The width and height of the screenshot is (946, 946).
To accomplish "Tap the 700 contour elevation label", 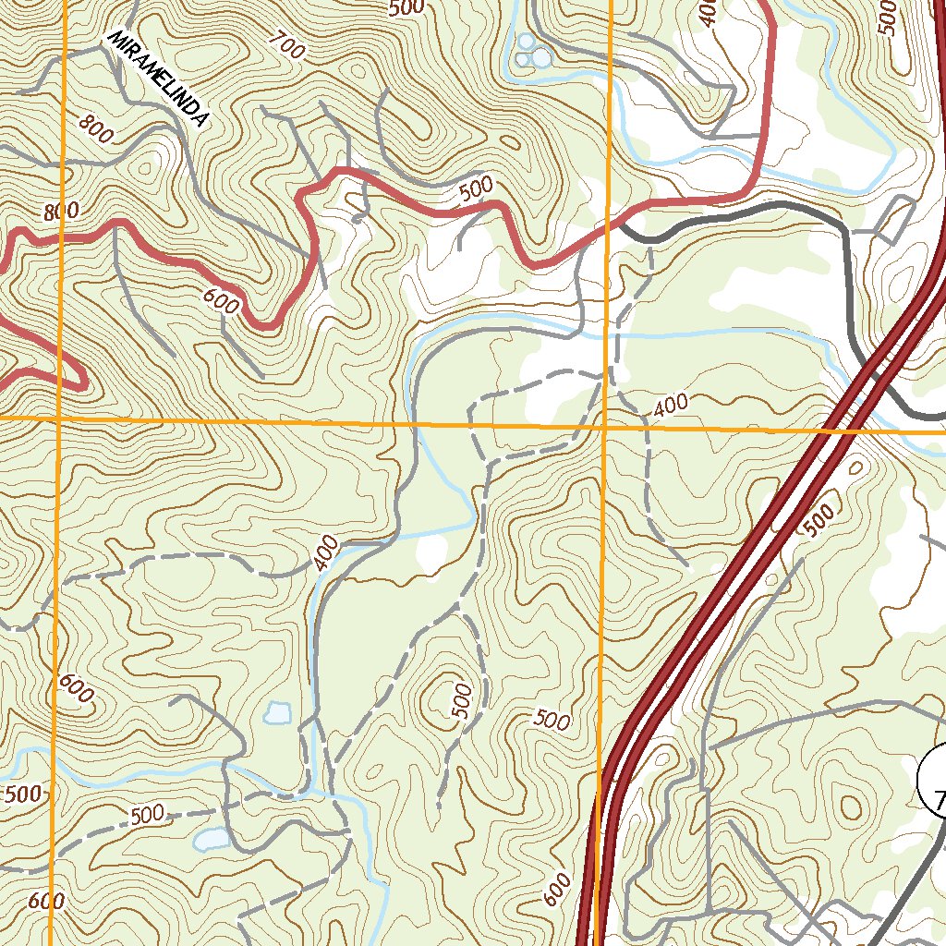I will [x=287, y=45].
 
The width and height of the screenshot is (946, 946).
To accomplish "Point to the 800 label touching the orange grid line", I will [x=61, y=212].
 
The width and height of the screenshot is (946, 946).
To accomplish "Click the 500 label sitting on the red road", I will [x=476, y=188].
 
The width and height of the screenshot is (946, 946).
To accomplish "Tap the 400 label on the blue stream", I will [x=326, y=552].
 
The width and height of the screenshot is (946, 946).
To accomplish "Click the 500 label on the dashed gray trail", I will [x=147, y=815].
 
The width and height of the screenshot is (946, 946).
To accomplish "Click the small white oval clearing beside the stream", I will [x=430, y=553].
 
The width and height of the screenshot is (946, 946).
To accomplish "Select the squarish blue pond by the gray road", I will [x=277, y=712].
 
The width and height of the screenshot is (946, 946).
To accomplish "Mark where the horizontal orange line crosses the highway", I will [x=833, y=429].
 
